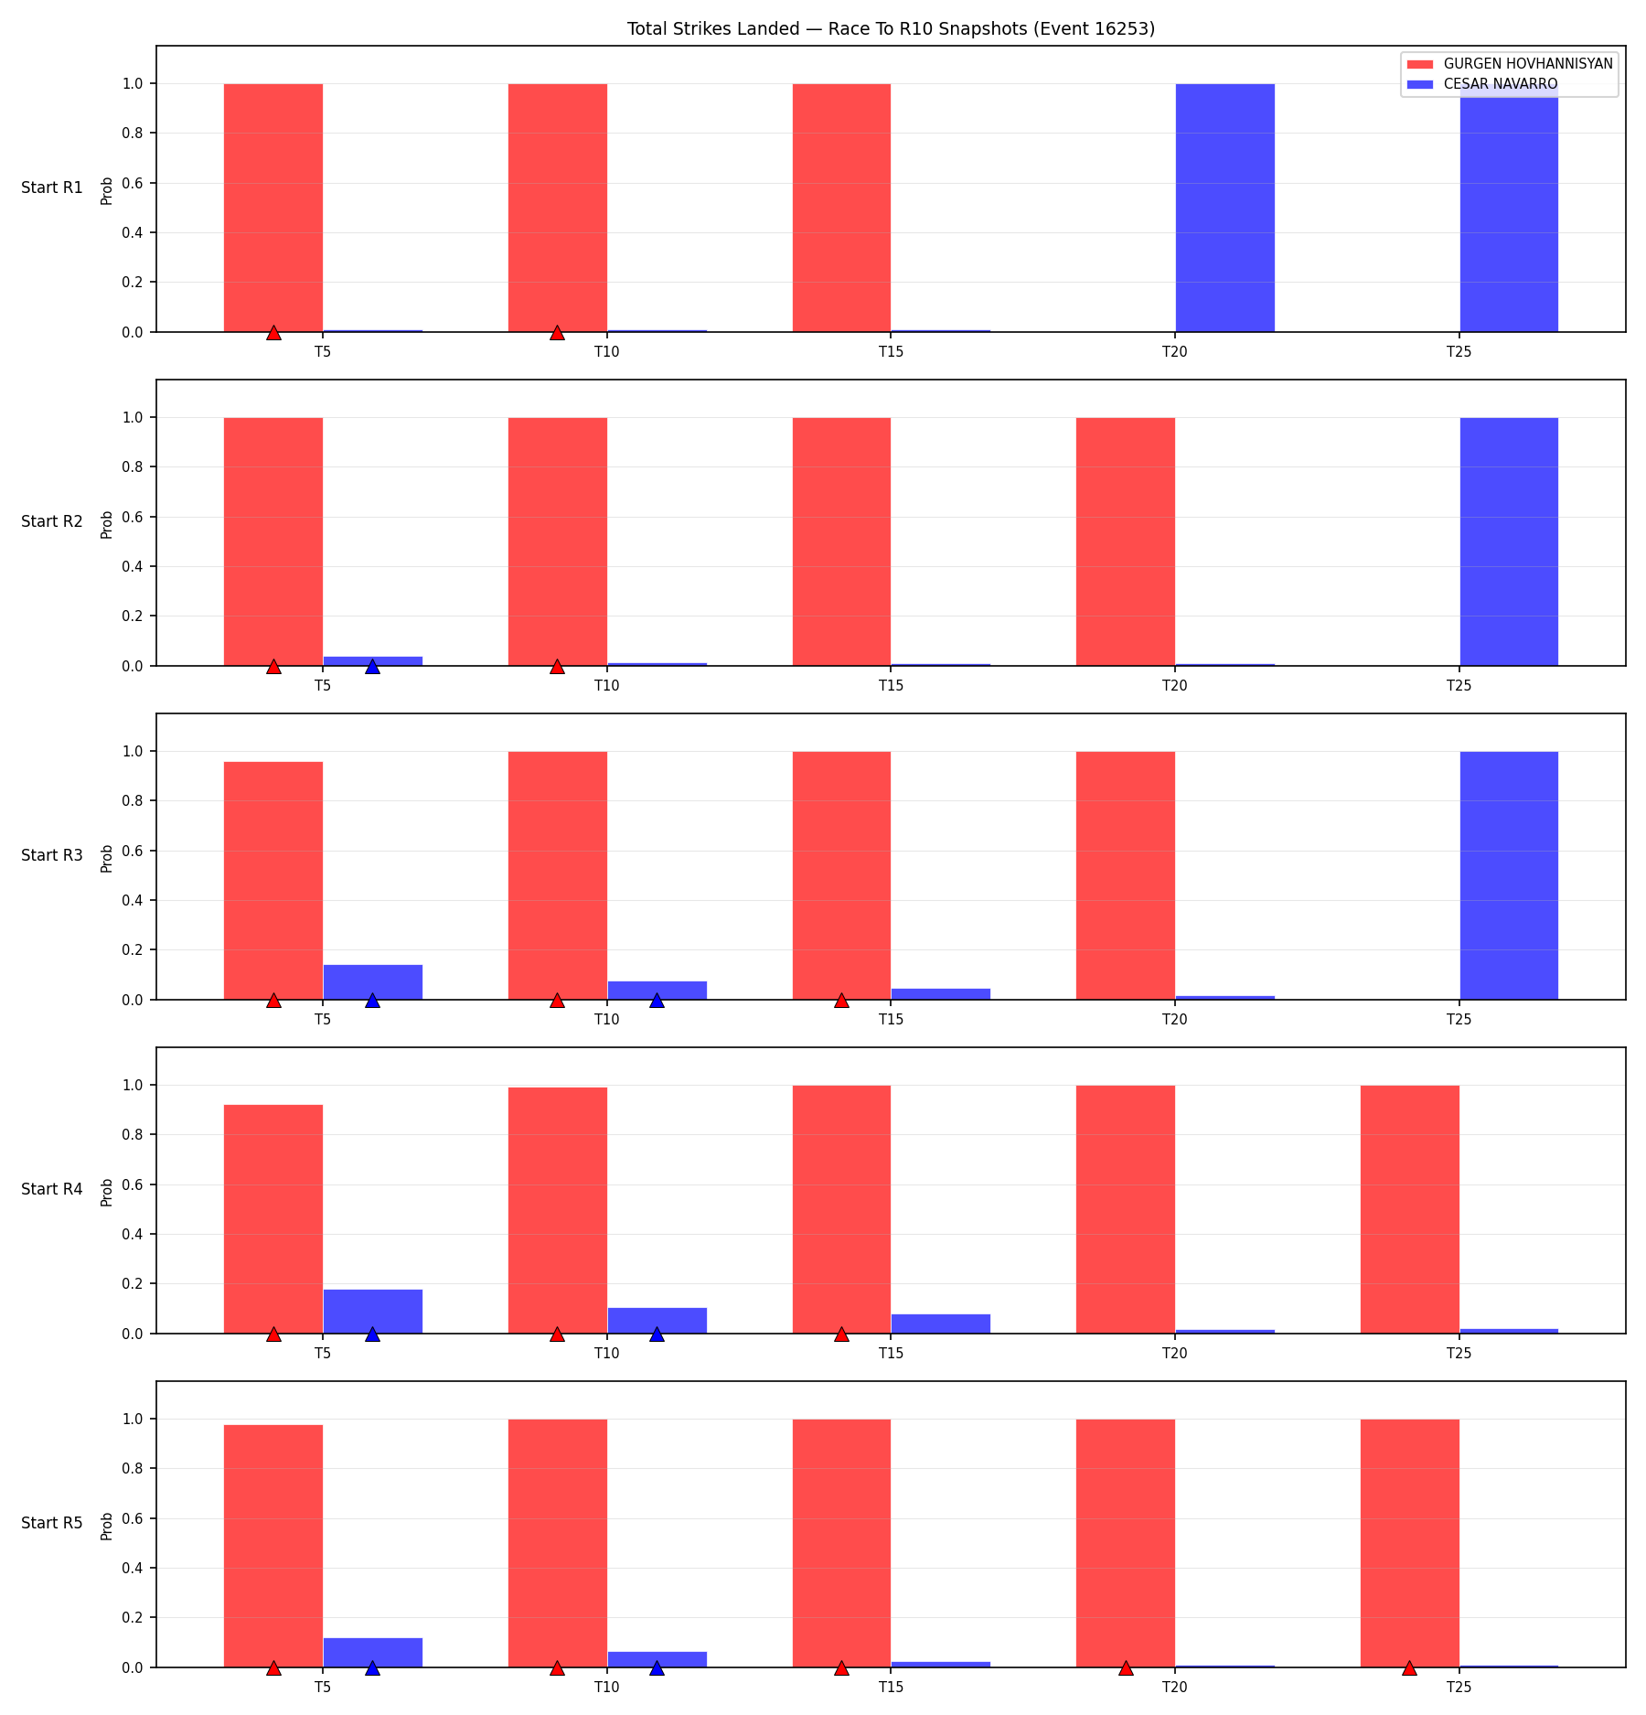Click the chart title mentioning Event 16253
click(891, 28)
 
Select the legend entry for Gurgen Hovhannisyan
click(1510, 64)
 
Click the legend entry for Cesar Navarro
click(1482, 84)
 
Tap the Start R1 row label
click(52, 188)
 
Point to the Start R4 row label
click(52, 1189)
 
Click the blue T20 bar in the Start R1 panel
click(1224, 208)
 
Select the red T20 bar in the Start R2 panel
click(1126, 541)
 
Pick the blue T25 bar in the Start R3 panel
click(1509, 875)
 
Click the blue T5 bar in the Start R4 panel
click(373, 1312)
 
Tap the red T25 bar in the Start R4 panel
click(1410, 1209)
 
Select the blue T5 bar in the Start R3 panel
click(373, 982)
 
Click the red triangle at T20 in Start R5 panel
click(1126, 1667)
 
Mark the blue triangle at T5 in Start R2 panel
click(372, 666)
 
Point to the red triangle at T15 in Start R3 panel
click(841, 1000)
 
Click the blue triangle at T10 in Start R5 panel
click(657, 1667)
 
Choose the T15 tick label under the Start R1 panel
click(891, 351)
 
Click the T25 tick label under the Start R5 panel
click(1459, 1687)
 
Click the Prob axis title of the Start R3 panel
click(107, 858)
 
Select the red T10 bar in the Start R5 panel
click(558, 1543)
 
